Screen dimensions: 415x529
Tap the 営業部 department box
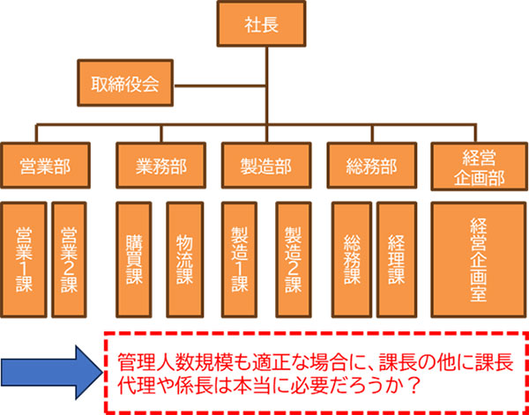[x=43, y=165]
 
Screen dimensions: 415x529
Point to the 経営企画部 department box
[x=475, y=165]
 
